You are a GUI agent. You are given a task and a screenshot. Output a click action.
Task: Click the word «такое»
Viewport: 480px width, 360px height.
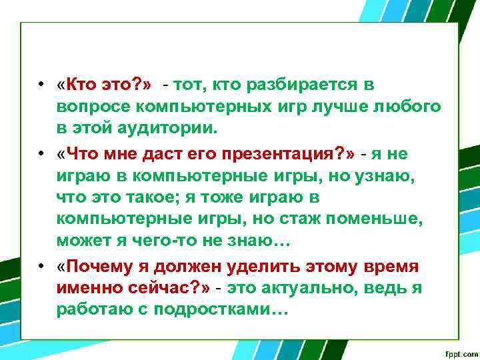pyautogui.click(x=143, y=197)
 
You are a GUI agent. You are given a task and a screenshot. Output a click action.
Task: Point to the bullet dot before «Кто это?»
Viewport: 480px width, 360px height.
pyautogui.click(x=41, y=85)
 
